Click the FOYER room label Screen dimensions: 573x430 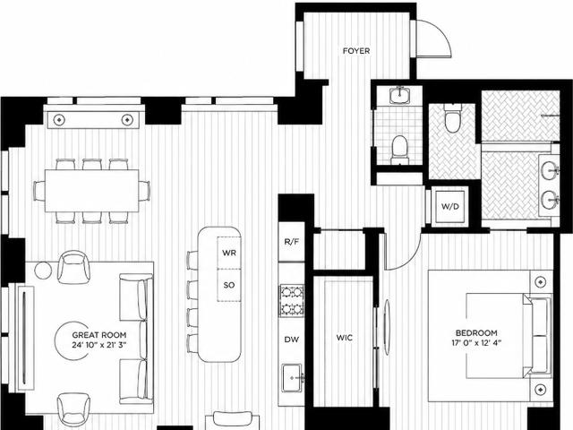356,51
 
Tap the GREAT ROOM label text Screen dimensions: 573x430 99,335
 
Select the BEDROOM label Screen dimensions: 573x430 476,333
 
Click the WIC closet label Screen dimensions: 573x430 344,338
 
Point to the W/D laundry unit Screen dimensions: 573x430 449,207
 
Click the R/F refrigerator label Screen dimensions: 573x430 292,242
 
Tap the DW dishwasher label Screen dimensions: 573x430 291,340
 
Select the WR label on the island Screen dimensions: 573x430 229,253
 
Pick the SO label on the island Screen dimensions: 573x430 229,285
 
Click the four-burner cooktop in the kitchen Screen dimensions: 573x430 292,301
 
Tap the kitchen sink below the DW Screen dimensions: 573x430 292,378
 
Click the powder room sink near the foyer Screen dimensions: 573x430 400,96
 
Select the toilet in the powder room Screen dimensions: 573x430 399,150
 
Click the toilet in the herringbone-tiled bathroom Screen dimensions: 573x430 452,118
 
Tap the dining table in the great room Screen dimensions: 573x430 91,191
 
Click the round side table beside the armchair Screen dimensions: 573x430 44,271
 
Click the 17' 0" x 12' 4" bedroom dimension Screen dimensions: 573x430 476,343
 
